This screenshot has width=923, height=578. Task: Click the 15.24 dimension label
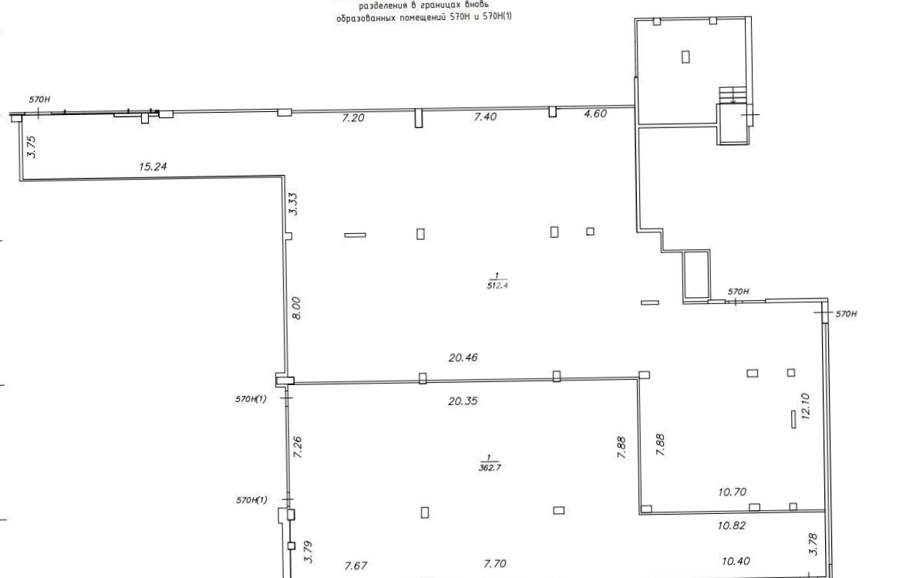153,167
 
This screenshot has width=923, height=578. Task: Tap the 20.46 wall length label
463,357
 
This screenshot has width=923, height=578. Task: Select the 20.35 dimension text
463,401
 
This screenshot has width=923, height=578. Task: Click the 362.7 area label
490,468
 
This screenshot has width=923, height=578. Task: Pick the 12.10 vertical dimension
806,406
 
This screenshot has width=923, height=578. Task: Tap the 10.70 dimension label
733,492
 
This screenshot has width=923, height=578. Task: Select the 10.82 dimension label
732,526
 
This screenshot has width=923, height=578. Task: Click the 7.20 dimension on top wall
353,118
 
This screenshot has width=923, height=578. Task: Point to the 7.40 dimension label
485,117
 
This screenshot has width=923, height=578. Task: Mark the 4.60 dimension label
595,113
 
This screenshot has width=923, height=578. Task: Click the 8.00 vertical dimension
296,308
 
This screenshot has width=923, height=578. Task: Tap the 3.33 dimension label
292,204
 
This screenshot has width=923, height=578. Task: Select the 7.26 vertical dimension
298,448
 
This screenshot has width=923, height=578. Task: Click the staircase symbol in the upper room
733,94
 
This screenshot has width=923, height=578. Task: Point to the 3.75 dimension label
31,147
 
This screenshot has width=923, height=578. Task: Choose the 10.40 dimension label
736,562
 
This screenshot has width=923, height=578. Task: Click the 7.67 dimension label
355,566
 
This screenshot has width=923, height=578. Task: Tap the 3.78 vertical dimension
813,544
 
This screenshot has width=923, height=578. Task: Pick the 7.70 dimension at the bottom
494,564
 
